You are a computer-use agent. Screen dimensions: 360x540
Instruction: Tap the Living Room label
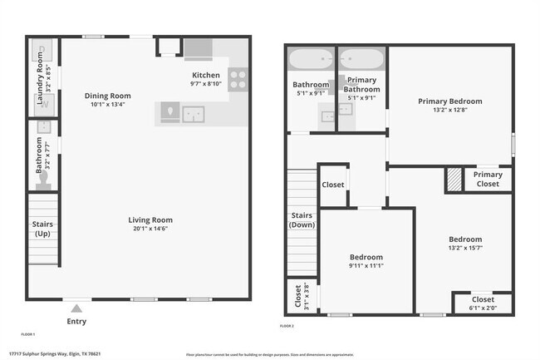(x=150, y=220)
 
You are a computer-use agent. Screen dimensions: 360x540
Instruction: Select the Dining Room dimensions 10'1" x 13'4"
(x=109, y=105)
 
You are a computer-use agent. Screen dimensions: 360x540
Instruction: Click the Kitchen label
(x=205, y=75)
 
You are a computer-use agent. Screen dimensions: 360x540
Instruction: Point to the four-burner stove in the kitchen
(x=238, y=80)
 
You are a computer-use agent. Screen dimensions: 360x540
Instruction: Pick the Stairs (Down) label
(x=302, y=219)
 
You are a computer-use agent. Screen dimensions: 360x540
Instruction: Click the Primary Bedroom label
(x=449, y=101)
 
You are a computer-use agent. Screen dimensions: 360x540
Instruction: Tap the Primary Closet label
(x=488, y=179)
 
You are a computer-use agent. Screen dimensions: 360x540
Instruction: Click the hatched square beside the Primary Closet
(x=454, y=179)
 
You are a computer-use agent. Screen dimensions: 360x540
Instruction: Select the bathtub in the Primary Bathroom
(x=362, y=60)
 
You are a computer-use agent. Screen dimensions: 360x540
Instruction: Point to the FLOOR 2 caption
(x=287, y=327)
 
